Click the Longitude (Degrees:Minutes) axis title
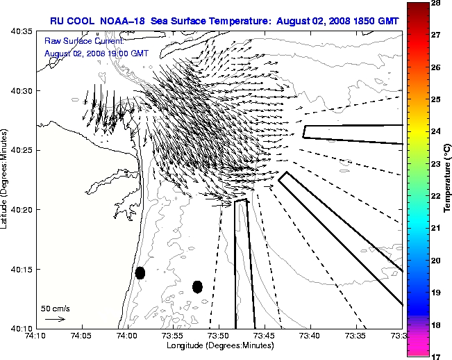218,345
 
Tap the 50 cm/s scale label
56,308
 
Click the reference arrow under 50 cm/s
56,319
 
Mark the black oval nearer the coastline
140,272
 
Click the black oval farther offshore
197,286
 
